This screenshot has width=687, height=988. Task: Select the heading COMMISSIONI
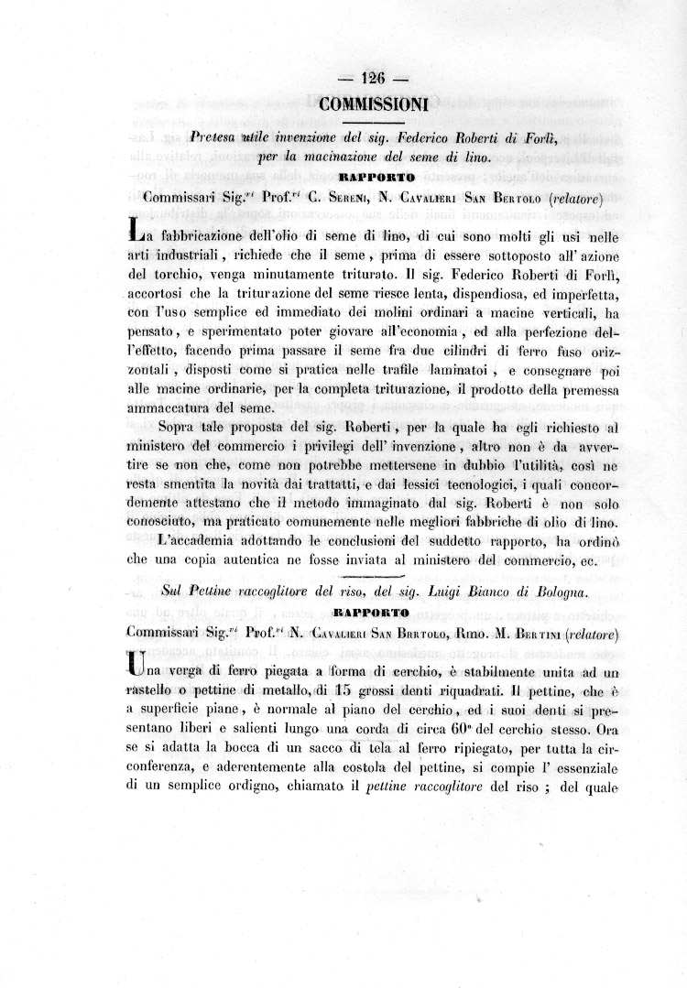click(374, 104)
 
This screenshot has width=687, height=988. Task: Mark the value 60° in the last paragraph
click(461, 732)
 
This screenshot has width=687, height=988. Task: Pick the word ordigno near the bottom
click(262, 792)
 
